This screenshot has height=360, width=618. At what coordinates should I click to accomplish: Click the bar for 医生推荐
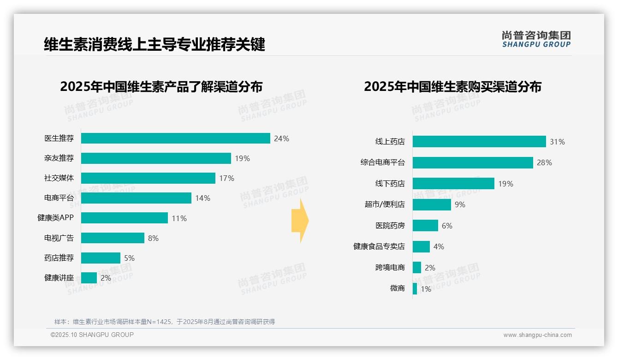coord(175,138)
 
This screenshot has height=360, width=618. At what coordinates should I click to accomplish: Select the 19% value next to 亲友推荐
coord(242,158)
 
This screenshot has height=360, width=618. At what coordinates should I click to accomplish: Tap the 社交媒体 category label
coord(59,178)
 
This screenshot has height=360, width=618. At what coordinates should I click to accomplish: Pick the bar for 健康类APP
coord(125,218)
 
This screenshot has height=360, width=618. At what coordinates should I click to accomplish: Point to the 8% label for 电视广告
coord(153,238)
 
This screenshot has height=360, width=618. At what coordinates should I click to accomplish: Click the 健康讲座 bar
coord(89,278)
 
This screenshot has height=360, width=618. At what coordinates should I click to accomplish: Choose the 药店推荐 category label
coord(59,258)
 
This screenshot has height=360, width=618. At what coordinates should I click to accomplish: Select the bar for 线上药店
coord(479,142)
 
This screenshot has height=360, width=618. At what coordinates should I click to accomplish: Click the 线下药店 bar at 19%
coord(453,184)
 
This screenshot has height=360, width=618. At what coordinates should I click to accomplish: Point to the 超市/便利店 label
coord(384,204)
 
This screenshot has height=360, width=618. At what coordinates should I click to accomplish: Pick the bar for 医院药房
coord(425,226)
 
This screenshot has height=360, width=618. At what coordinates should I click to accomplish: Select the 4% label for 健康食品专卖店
coord(439,246)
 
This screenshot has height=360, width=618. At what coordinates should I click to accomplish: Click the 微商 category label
coord(397,288)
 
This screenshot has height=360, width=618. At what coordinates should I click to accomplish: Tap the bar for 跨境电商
coord(417,268)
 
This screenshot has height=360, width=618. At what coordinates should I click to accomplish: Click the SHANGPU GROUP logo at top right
coord(536,39)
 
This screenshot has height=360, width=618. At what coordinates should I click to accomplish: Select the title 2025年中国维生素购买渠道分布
coord(452,87)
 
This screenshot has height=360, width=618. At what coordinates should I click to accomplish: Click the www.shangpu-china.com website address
coord(537,335)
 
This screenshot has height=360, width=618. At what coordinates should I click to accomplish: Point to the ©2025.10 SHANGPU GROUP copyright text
coord(92,335)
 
